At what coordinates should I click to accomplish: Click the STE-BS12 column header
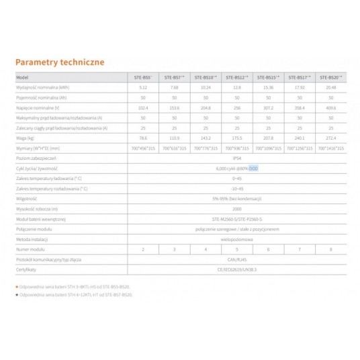click(234, 78)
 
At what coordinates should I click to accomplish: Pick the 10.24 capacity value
click(202, 87)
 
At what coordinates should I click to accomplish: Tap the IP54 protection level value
click(234, 157)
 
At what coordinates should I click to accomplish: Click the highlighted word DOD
click(253, 168)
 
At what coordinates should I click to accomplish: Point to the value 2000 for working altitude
click(234, 209)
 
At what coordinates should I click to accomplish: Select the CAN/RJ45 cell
click(234, 259)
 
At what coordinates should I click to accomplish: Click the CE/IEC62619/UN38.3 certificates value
click(234, 269)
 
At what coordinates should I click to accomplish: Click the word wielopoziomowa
click(234, 238)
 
